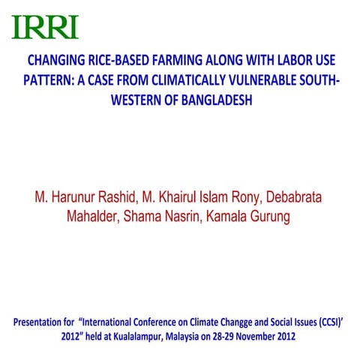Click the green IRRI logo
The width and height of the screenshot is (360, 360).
(x=46, y=26)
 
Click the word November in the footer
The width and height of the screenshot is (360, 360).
(x=273, y=336)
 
